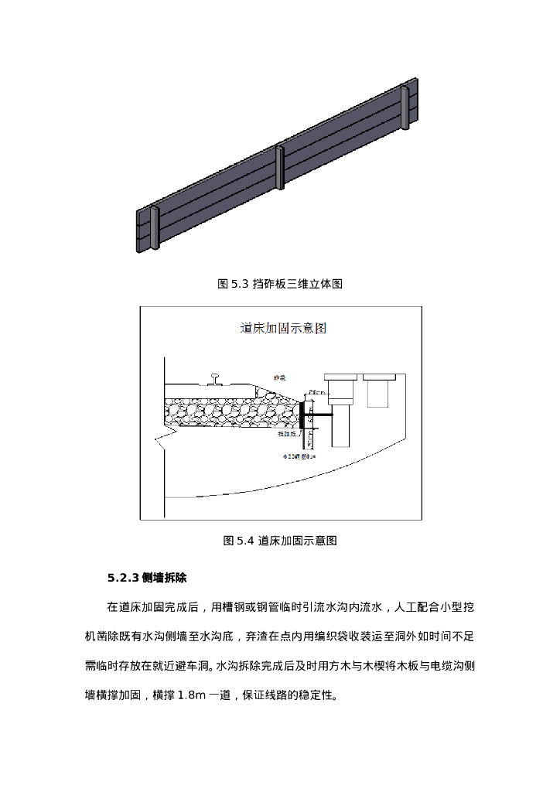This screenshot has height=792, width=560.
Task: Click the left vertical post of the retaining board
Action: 155,227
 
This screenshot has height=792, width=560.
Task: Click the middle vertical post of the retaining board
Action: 280,166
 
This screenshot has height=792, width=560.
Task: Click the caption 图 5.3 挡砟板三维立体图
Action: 280,284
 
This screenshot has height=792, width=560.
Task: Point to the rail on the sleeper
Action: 214,379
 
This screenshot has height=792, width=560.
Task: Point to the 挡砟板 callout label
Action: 287,434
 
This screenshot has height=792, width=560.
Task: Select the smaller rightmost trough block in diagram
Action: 377,390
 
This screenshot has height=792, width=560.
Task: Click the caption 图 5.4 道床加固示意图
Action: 280,541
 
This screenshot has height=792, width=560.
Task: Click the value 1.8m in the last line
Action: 191,695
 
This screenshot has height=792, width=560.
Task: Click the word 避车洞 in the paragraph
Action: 199,666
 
